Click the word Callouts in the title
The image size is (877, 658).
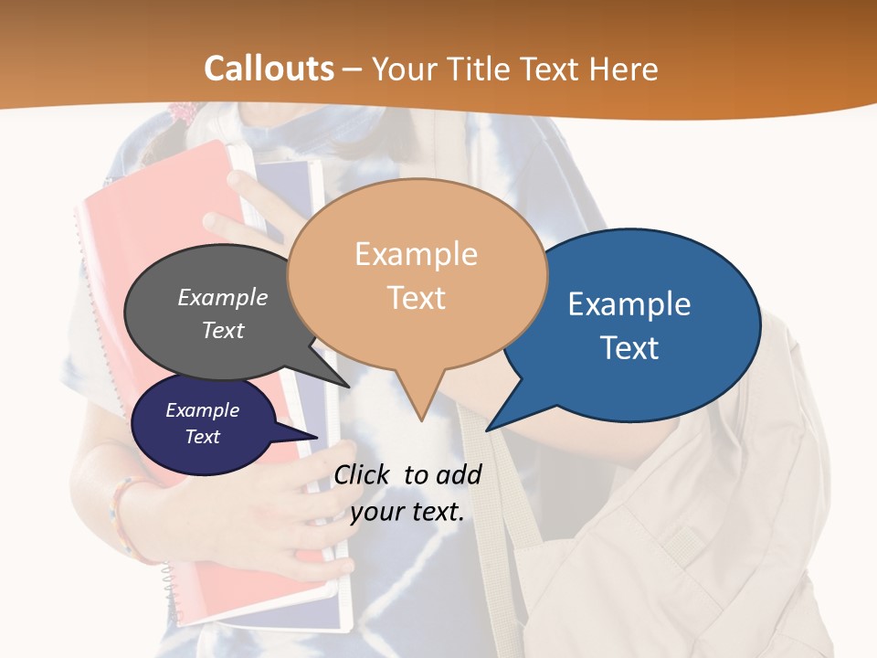click(269, 69)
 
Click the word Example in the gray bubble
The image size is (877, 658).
click(223, 298)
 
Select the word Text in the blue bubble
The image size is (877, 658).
click(630, 348)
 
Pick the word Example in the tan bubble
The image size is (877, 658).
click(417, 254)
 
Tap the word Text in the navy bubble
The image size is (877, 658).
click(203, 437)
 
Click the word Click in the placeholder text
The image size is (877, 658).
click(364, 474)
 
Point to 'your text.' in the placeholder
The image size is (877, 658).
click(407, 512)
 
